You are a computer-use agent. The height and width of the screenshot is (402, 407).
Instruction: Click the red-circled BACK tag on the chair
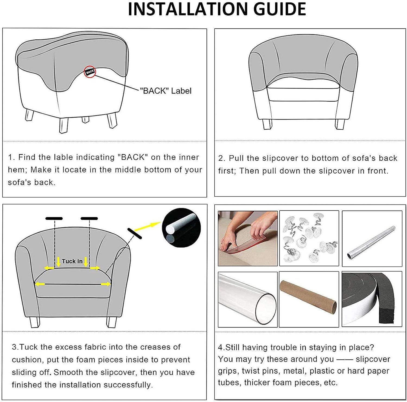90,72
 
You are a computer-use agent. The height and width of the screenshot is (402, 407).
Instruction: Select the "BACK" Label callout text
166,91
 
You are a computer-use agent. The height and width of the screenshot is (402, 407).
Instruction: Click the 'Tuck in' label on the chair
72,261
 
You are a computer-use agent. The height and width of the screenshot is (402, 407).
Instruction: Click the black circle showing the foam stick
181,228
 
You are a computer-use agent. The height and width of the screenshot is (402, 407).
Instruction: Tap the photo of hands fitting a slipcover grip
248,238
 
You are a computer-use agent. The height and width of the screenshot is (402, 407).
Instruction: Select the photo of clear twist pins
309,238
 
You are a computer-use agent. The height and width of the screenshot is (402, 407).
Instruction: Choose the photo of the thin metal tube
372,239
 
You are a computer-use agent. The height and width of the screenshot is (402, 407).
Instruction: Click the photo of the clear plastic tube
248,299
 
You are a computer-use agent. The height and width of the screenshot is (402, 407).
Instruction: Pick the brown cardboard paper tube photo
309,299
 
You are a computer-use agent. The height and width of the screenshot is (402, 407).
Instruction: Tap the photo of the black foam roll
372,299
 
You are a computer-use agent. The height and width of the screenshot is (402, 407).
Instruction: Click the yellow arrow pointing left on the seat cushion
40,284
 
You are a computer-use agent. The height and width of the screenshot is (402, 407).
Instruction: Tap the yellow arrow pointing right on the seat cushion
106,284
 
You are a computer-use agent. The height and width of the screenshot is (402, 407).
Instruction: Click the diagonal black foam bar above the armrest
135,233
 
